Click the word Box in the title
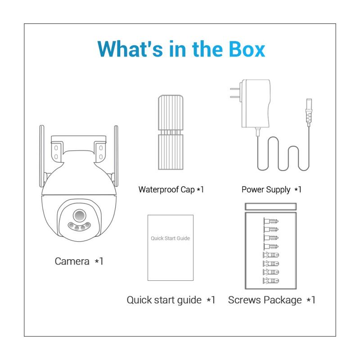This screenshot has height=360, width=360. pos(247,49)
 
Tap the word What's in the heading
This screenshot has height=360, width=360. pos(130,49)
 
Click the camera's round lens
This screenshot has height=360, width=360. pos(80,216)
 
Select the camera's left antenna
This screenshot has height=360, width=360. pos(42,156)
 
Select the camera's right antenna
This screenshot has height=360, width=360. pos(116,156)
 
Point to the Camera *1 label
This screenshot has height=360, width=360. pos(79,261)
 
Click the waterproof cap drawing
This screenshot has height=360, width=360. pos(171,132)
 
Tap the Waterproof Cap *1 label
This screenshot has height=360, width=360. pos(171,189)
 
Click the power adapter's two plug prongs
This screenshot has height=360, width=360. pos(235,93)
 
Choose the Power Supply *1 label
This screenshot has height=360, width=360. pos(271,189)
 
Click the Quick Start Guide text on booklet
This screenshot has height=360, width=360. pos(171,238)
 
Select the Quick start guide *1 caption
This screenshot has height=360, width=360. pos(171,300)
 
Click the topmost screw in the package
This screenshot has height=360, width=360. pos(271,221)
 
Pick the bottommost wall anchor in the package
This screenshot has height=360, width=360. pos(271,280)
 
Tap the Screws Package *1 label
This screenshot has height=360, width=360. pos(272,300)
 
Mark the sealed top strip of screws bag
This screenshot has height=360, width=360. pos(271,207)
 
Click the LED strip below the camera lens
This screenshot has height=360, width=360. pos(79,226)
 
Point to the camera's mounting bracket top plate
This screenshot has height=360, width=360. pos(78,139)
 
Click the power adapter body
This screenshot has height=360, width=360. pos(255,103)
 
